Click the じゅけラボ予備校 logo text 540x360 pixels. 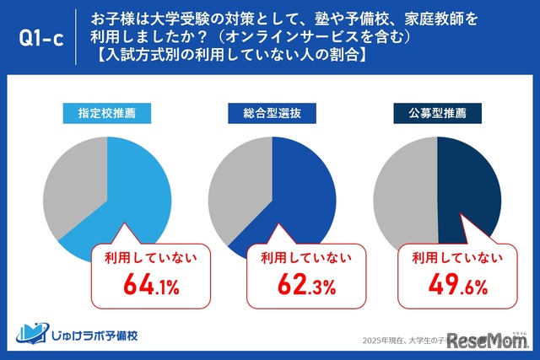93,336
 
